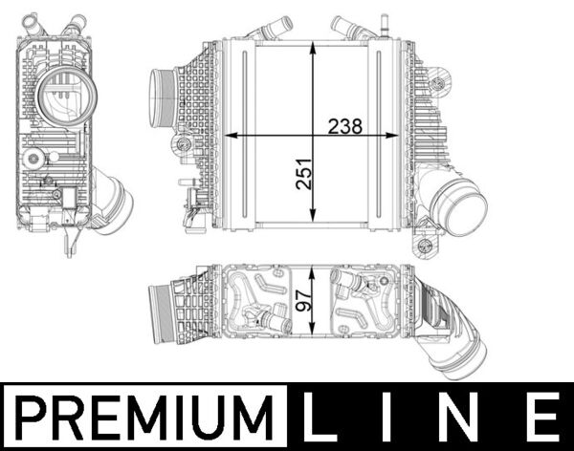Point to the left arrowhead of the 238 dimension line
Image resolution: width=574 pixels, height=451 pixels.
click(233, 137)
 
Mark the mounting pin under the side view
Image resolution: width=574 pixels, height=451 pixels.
click(69, 243)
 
